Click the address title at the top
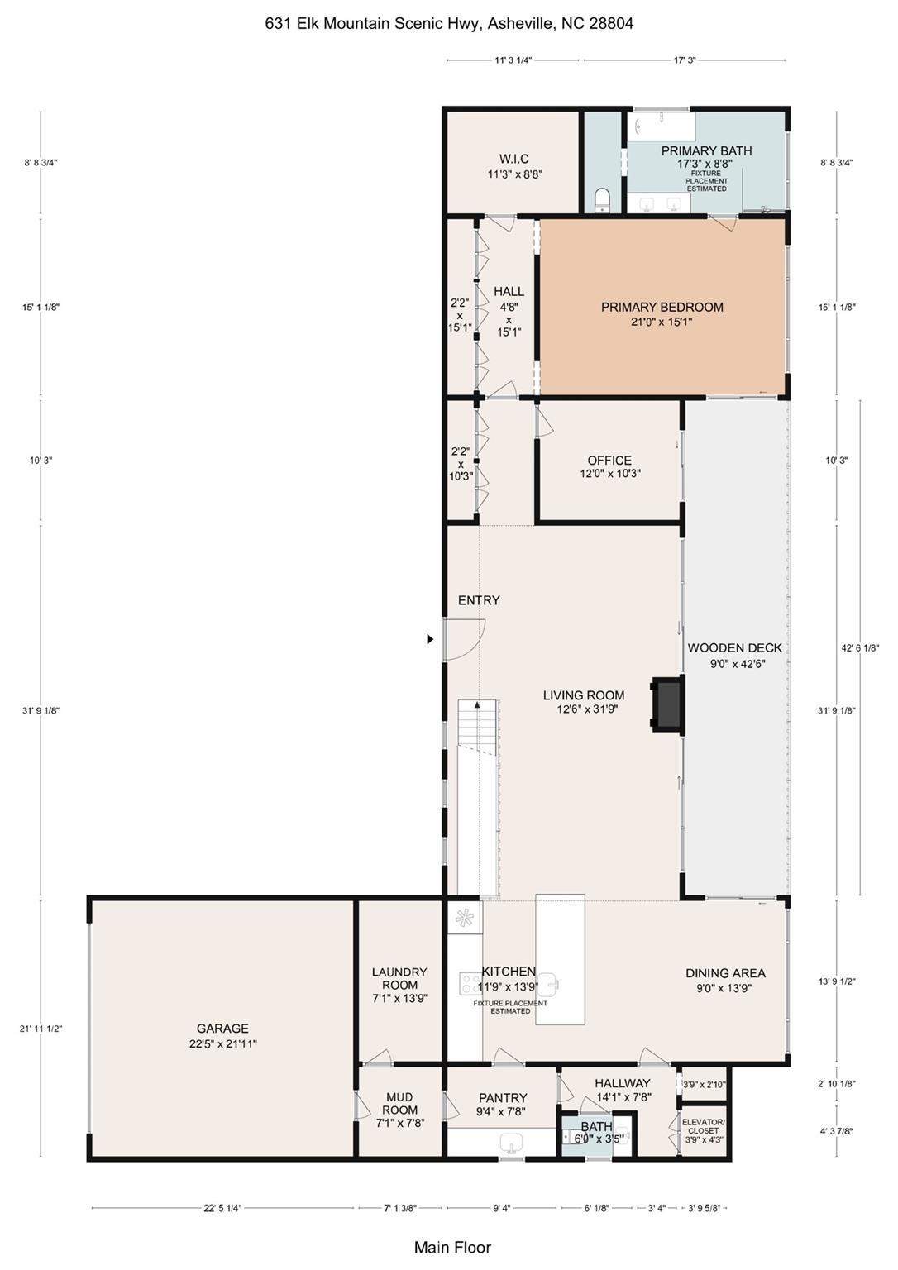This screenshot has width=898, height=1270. click(449, 23)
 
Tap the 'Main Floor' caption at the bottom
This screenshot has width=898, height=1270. click(452, 1247)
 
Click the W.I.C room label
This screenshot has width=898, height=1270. click(513, 166)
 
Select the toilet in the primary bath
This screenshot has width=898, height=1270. click(603, 199)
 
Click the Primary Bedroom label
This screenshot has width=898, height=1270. click(662, 313)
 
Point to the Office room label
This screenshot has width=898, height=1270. click(609, 466)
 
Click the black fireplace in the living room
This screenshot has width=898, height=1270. click(667, 704)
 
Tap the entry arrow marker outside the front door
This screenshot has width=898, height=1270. click(429, 639)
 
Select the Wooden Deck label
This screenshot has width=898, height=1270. click(734, 655)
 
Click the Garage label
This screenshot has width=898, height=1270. click(222, 1035)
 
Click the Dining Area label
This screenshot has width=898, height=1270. click(725, 980)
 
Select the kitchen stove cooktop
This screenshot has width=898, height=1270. click(470, 983)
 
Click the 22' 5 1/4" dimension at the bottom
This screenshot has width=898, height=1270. click(222, 1208)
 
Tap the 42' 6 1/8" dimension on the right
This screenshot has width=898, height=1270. click(860, 648)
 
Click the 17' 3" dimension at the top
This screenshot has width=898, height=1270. click(684, 60)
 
